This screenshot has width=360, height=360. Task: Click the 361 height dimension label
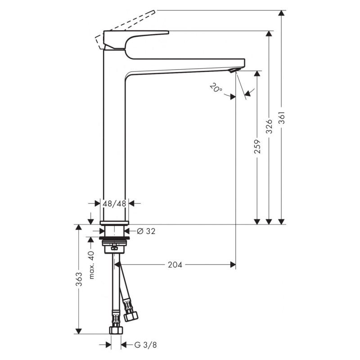click(282, 117)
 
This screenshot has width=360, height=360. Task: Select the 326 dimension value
click(269, 126)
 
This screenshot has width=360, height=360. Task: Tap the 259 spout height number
click(257, 147)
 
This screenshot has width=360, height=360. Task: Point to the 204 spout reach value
click(175, 265)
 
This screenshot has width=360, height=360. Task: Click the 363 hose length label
click(79, 279)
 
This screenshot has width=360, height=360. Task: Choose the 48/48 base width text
click(114, 203)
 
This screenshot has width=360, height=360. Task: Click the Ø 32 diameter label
click(146, 231)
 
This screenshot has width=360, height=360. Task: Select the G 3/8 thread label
click(145, 345)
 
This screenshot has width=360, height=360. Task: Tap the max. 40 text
click(91, 265)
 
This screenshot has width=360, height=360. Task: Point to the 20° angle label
click(216, 88)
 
